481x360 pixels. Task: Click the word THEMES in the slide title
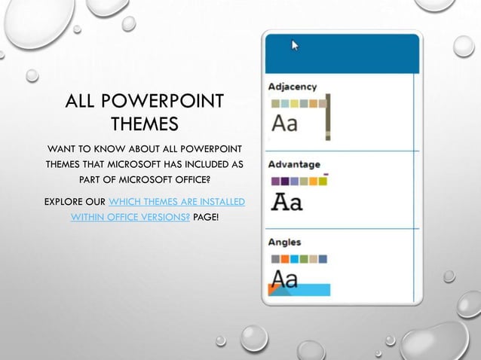(x=144, y=124)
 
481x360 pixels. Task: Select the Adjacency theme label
(x=293, y=87)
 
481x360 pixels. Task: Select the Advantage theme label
(x=294, y=164)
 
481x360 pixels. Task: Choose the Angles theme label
(x=285, y=242)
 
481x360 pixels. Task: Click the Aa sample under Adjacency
(x=284, y=123)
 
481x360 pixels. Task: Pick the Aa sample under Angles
(x=284, y=279)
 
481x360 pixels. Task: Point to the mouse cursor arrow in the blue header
(x=295, y=46)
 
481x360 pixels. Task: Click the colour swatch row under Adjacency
(x=299, y=103)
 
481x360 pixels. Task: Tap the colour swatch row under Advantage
(x=299, y=181)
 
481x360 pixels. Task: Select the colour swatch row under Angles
(x=299, y=258)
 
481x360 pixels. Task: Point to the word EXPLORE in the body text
(x=64, y=202)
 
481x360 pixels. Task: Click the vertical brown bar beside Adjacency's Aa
(x=327, y=117)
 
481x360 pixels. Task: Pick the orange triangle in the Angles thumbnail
(x=273, y=290)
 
